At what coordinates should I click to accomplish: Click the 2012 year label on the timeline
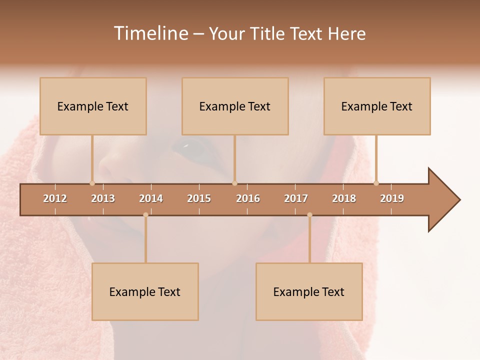tap(55, 198)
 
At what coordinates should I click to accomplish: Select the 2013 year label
tap(103, 198)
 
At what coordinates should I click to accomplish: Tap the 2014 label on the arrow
tap(151, 198)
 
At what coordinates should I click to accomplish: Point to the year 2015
tap(199, 198)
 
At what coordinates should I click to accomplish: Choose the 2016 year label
tap(248, 198)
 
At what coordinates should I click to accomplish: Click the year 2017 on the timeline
tap(296, 198)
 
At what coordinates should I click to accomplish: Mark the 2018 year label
tap(344, 198)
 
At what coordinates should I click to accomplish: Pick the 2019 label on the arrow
tap(392, 198)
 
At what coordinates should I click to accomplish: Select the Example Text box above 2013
tap(93, 106)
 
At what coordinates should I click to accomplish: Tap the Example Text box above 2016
tap(235, 106)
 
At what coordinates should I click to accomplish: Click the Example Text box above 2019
tap(377, 106)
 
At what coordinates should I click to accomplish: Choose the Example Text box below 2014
tap(145, 291)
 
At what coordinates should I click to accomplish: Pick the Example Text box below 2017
tap(309, 291)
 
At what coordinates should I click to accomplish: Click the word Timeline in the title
tap(150, 33)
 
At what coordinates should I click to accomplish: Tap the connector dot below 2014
tap(145, 215)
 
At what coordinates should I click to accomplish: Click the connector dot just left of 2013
tap(92, 183)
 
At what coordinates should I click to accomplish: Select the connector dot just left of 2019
tap(376, 183)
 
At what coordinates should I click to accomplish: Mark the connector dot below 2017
tap(309, 215)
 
